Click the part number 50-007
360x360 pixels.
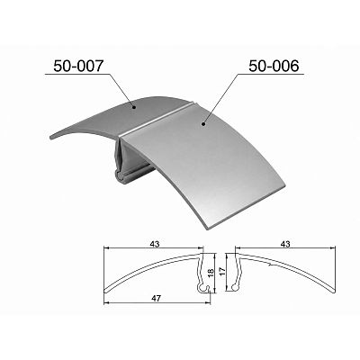click(79, 66)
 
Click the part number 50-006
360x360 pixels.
click(274, 66)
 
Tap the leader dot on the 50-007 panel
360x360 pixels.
click(134, 106)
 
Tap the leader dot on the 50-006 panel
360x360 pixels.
click(203, 123)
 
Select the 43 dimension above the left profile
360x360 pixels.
click(154, 244)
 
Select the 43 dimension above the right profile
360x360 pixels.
click(285, 244)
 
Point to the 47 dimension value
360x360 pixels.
click(156, 298)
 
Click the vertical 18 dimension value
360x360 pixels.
click(211, 272)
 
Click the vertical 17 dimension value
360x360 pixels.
click(222, 272)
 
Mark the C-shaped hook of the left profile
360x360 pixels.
click(202, 288)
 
